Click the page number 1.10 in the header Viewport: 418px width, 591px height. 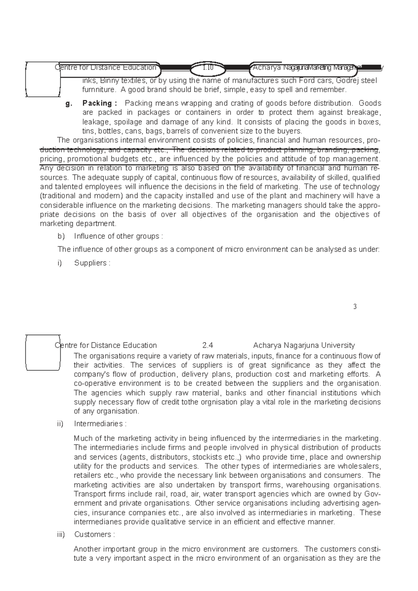click(x=208, y=68)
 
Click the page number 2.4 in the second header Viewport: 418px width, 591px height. click(x=208, y=346)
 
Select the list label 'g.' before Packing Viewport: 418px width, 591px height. click(x=68, y=103)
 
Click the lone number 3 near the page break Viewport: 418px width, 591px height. click(x=355, y=307)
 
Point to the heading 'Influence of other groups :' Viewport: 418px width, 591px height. click(x=118, y=236)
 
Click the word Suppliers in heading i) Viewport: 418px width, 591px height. click(x=90, y=263)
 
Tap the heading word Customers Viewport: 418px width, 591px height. click(x=92, y=535)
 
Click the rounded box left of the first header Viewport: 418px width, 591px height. click(x=43, y=79)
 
